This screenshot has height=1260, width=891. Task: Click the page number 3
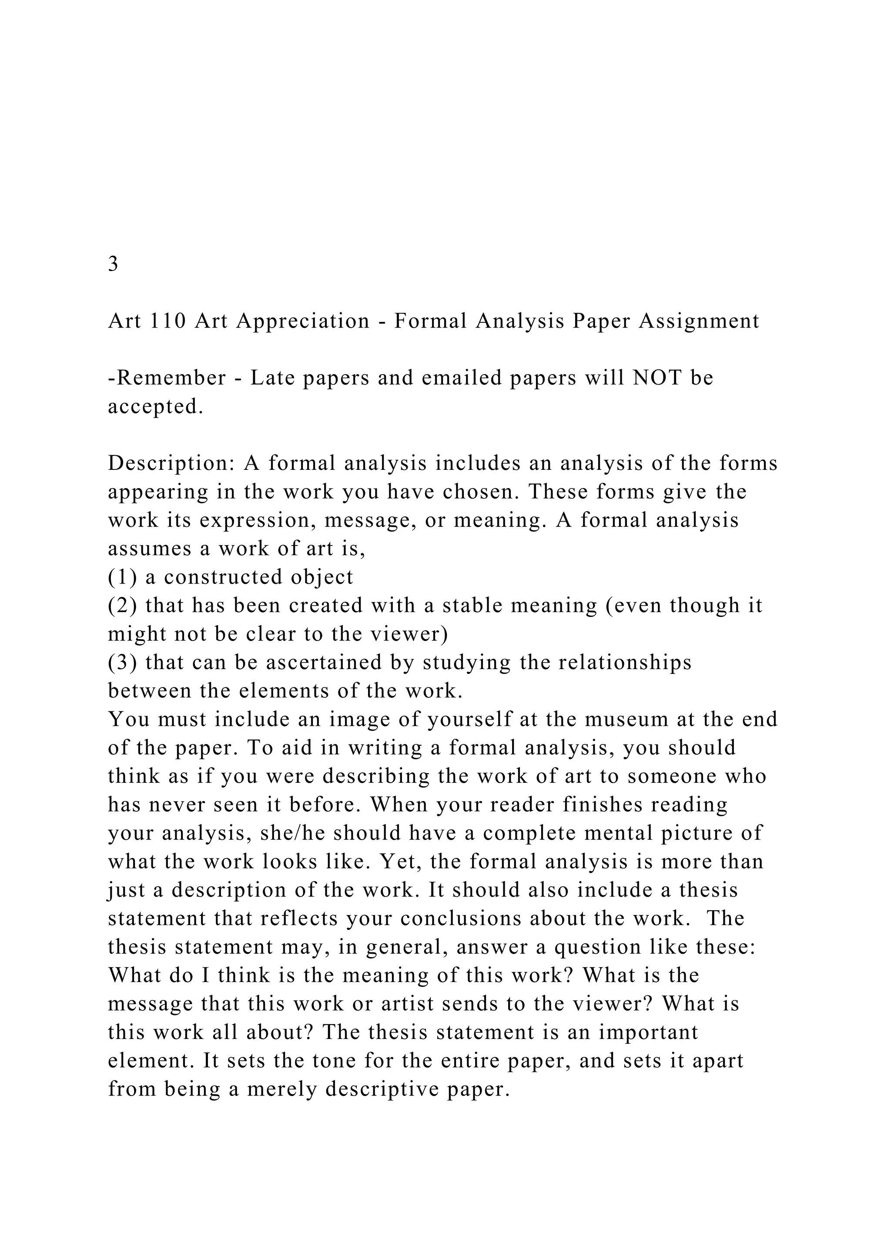pos(113,264)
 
